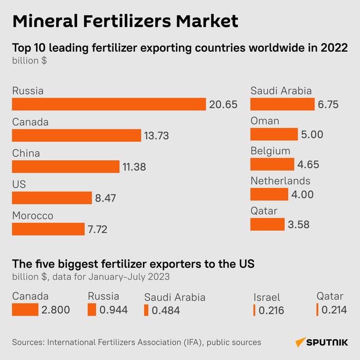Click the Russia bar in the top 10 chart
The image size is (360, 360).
click(x=109, y=104)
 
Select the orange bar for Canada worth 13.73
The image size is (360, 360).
click(x=76, y=136)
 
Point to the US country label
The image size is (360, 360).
click(x=19, y=184)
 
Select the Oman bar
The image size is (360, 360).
click(x=274, y=134)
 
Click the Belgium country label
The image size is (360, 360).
click(x=270, y=151)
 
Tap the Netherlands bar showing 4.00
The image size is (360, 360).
click(x=269, y=194)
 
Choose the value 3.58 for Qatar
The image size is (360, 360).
click(x=298, y=224)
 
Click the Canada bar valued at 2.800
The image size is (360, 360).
click(x=25, y=310)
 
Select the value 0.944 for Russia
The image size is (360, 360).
click(x=114, y=310)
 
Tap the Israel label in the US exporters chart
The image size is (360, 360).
click(x=267, y=297)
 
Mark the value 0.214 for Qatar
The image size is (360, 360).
click(x=334, y=310)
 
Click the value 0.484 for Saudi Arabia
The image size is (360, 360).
click(x=165, y=310)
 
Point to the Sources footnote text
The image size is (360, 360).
click(x=137, y=342)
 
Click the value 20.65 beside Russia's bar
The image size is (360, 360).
click(x=223, y=104)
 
